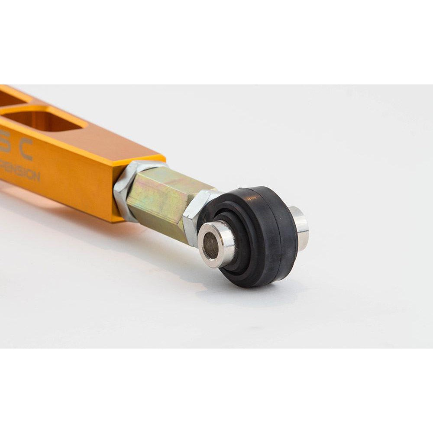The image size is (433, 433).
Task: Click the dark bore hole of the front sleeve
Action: pos(211,245)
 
